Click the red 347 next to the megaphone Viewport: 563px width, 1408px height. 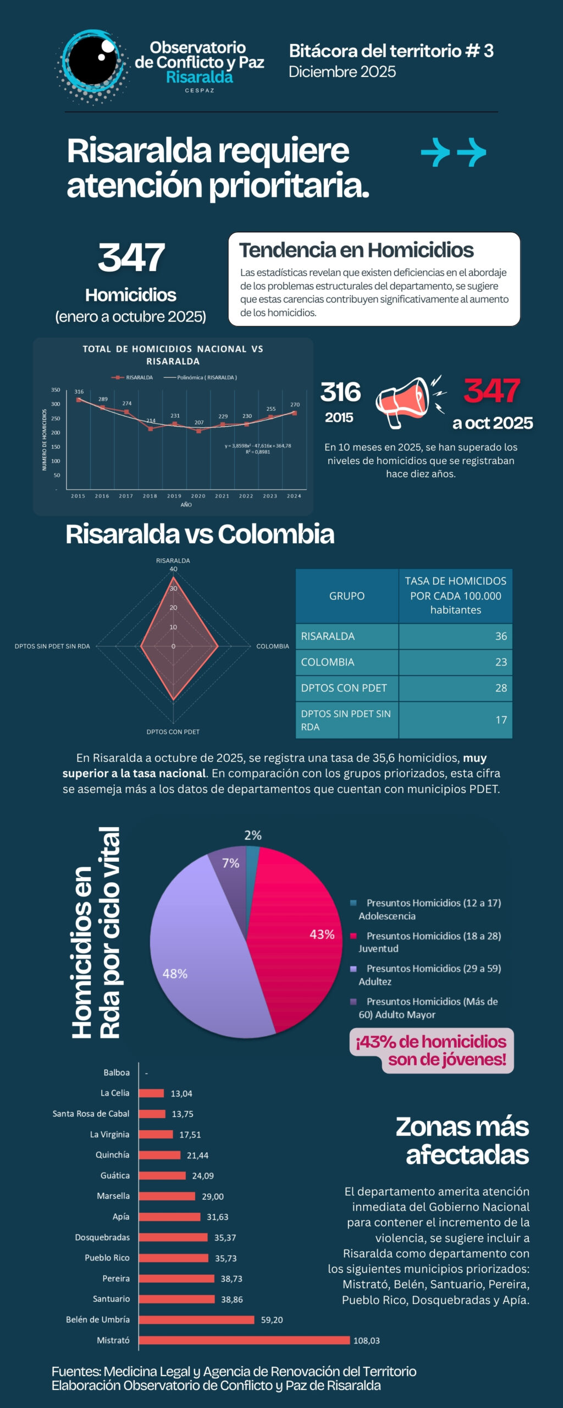click(x=491, y=391)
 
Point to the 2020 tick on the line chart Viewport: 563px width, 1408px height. click(x=198, y=496)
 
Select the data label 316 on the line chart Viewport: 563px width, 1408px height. click(x=79, y=392)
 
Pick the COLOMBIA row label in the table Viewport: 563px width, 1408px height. click(x=328, y=662)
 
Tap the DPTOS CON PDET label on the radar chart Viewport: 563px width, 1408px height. click(x=173, y=732)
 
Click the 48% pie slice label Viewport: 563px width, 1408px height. click(x=175, y=974)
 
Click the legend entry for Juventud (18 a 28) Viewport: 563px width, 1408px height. click(x=429, y=942)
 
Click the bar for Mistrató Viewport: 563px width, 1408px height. click(x=244, y=1340)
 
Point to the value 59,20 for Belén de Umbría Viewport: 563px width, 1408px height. click(x=272, y=1320)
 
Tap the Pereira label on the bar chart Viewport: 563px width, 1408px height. click(x=116, y=1279)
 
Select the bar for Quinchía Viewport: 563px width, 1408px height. click(x=159, y=1155)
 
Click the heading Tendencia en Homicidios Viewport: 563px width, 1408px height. click(x=356, y=250)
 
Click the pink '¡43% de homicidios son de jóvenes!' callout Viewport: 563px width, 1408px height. click(x=431, y=1050)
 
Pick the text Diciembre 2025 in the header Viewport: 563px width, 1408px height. click(x=342, y=72)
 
